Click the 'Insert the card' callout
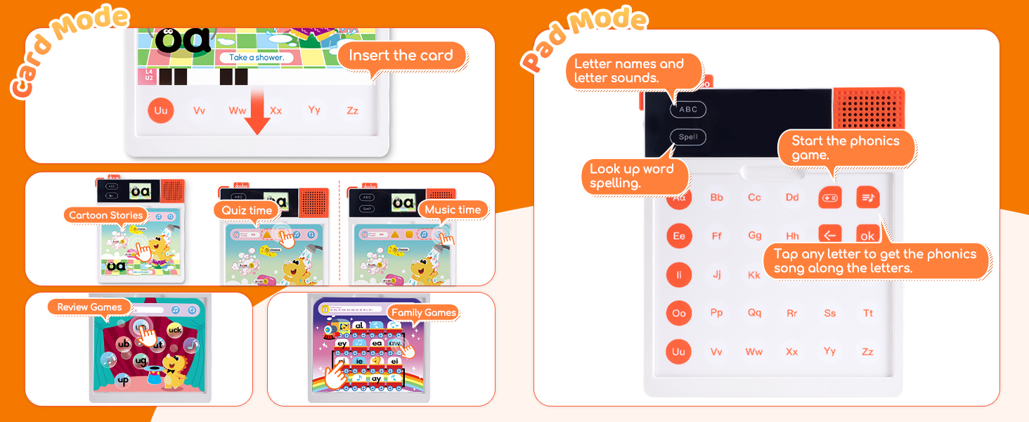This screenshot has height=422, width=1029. point(401,56)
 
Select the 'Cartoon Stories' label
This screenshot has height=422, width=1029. point(106,215)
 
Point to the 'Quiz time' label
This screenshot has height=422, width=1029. point(247,210)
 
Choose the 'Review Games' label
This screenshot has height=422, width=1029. point(89,307)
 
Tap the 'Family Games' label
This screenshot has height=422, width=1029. point(423,312)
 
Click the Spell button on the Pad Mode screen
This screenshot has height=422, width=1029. point(688,137)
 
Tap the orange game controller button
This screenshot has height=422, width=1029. point(830,198)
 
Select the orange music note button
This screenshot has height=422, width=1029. point(868,198)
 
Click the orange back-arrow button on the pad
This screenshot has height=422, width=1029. point(830,234)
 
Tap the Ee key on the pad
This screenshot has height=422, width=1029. point(679,236)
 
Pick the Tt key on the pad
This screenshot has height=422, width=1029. point(867,313)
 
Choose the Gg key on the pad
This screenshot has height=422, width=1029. point(755,236)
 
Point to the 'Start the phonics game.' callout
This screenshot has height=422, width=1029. point(846,148)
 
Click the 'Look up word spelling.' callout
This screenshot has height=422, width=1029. point(632,177)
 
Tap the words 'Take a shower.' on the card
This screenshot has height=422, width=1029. point(256,57)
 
